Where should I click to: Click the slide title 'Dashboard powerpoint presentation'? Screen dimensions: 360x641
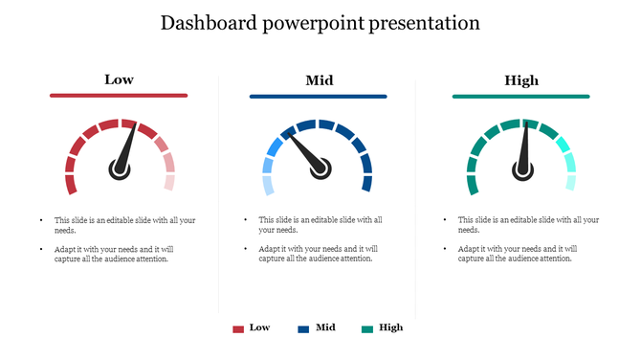tap(320, 23)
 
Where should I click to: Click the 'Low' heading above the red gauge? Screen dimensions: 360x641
tap(119, 79)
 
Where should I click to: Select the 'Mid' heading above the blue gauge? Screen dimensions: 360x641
tap(319, 79)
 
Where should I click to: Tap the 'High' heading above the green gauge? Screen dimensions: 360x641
tap(521, 79)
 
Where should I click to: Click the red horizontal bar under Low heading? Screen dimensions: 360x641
tap(119, 96)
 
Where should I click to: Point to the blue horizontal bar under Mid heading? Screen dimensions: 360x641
tap(319, 96)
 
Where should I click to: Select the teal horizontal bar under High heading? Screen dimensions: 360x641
tap(521, 96)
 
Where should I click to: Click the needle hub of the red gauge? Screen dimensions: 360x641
tap(119, 169)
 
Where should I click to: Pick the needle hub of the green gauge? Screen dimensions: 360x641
tap(522, 169)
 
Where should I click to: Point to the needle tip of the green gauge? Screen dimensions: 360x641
tap(523, 123)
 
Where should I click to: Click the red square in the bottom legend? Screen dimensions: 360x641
tap(238, 328)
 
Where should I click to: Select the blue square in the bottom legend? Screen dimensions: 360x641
tap(303, 328)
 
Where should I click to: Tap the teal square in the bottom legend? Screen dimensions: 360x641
tap(367, 328)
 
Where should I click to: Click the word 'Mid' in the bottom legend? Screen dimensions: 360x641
tap(325, 327)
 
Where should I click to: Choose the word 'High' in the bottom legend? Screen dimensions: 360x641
tap(390, 327)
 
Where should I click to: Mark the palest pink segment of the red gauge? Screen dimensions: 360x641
tap(169, 182)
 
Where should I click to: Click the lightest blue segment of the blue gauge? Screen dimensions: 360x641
tap(268, 184)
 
